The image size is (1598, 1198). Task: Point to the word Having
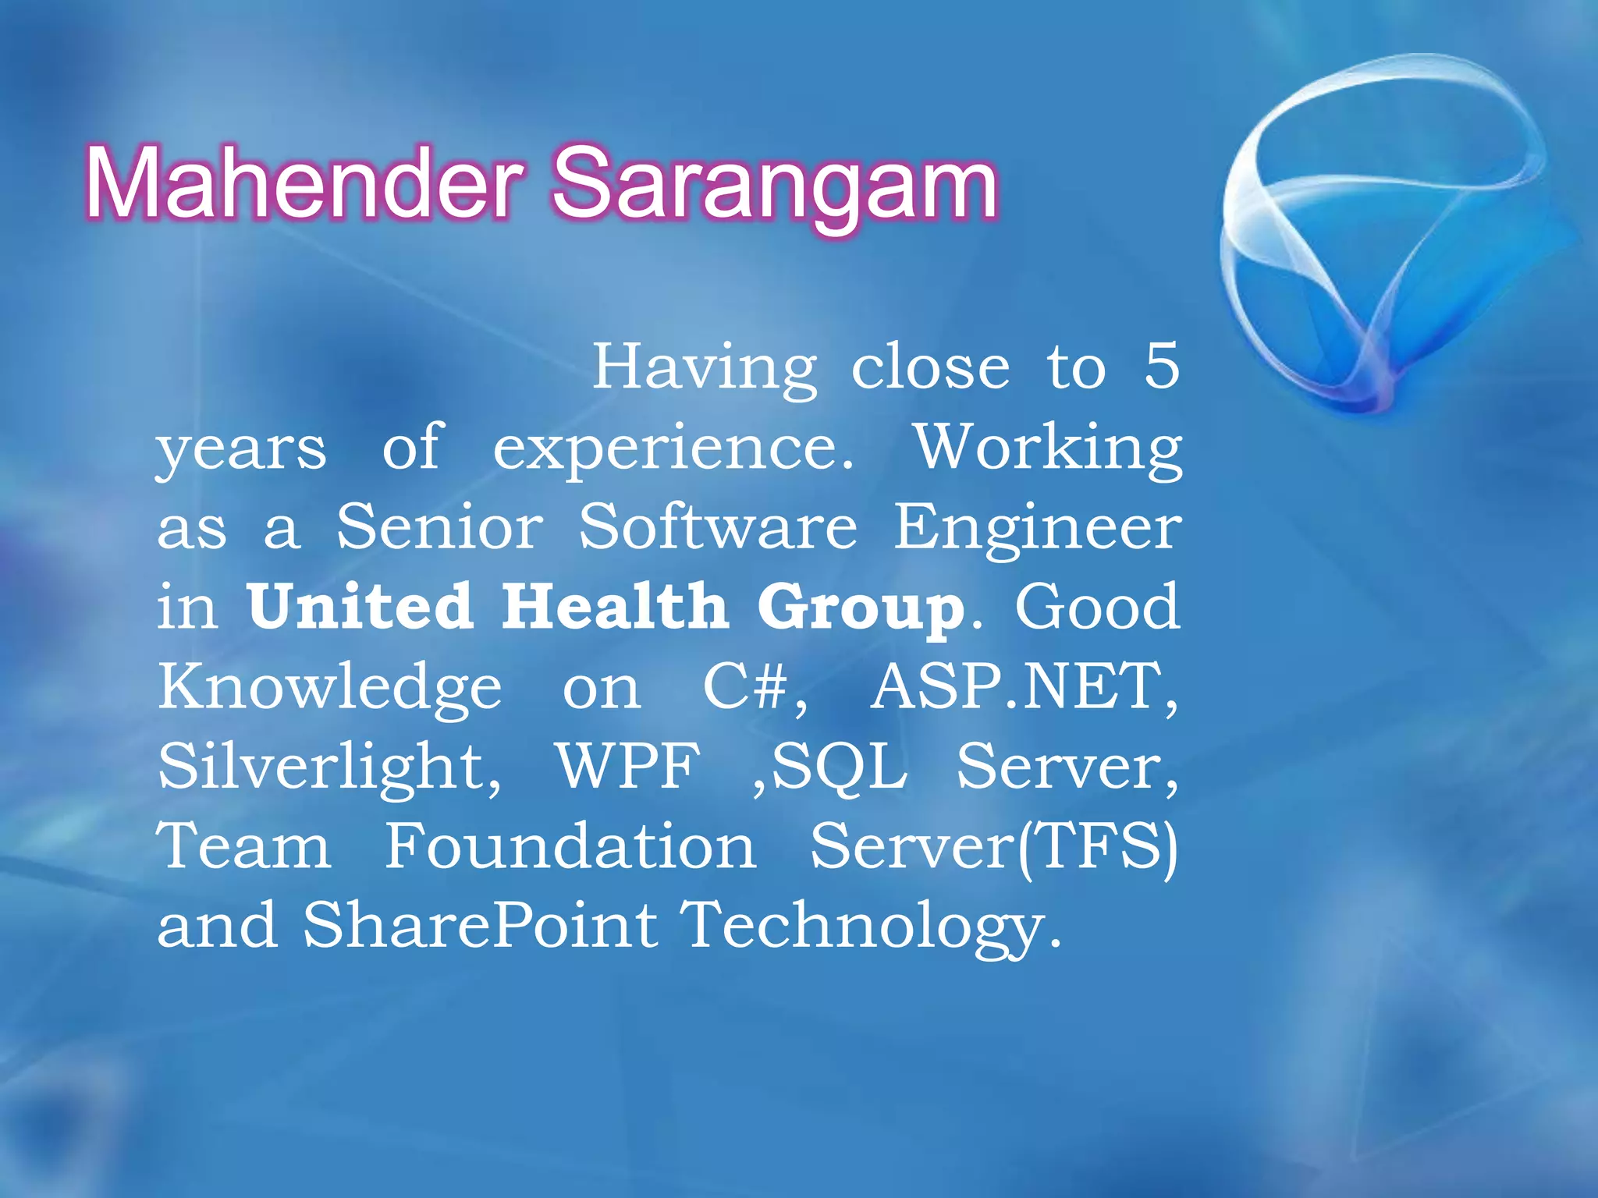point(705,368)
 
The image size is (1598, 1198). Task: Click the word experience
point(673,451)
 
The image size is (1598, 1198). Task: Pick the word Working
point(1048,449)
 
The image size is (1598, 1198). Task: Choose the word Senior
point(439,527)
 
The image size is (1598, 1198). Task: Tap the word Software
point(718,527)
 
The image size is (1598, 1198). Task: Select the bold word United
point(360,607)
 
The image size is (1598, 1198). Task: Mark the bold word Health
point(615,607)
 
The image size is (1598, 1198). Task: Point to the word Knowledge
point(330,688)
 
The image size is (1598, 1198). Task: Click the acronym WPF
point(628,767)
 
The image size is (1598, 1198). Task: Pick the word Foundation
point(570,847)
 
